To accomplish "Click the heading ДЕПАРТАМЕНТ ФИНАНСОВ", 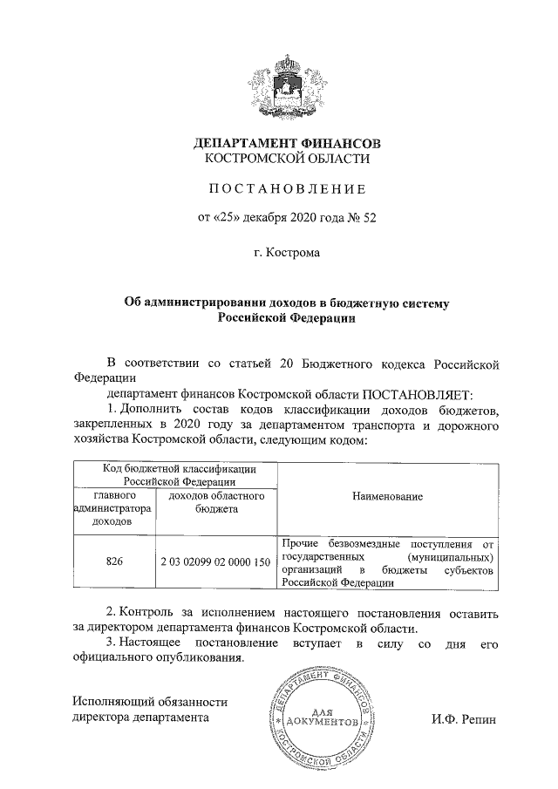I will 287,142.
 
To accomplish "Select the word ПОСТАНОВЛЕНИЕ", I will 287,188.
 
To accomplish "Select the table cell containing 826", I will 113,562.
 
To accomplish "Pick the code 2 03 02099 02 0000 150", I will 214,562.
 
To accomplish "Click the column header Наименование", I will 388,496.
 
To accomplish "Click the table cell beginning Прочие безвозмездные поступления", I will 388,563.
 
